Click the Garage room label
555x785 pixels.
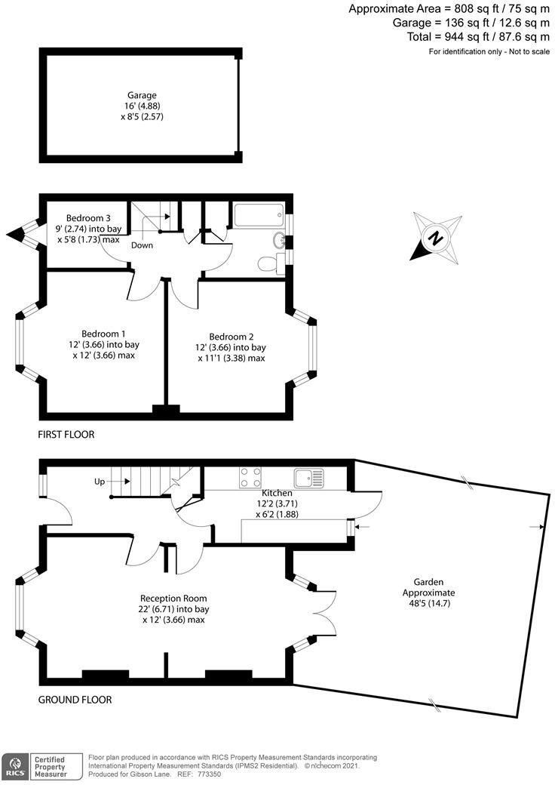tap(142, 96)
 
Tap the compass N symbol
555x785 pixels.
tap(435, 239)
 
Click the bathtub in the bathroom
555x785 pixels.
tap(258, 214)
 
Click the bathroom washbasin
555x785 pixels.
tap(278, 241)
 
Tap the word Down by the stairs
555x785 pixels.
tap(143, 245)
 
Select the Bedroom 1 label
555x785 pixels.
tap(103, 334)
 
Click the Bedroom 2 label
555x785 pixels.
tap(231, 337)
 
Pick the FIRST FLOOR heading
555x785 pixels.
tap(66, 435)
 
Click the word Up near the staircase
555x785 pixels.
tap(100, 481)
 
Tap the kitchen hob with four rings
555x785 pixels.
tap(250, 478)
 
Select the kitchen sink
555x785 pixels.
tap(309, 478)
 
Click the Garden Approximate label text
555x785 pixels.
tap(434, 587)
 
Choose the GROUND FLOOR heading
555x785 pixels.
tap(75, 700)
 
